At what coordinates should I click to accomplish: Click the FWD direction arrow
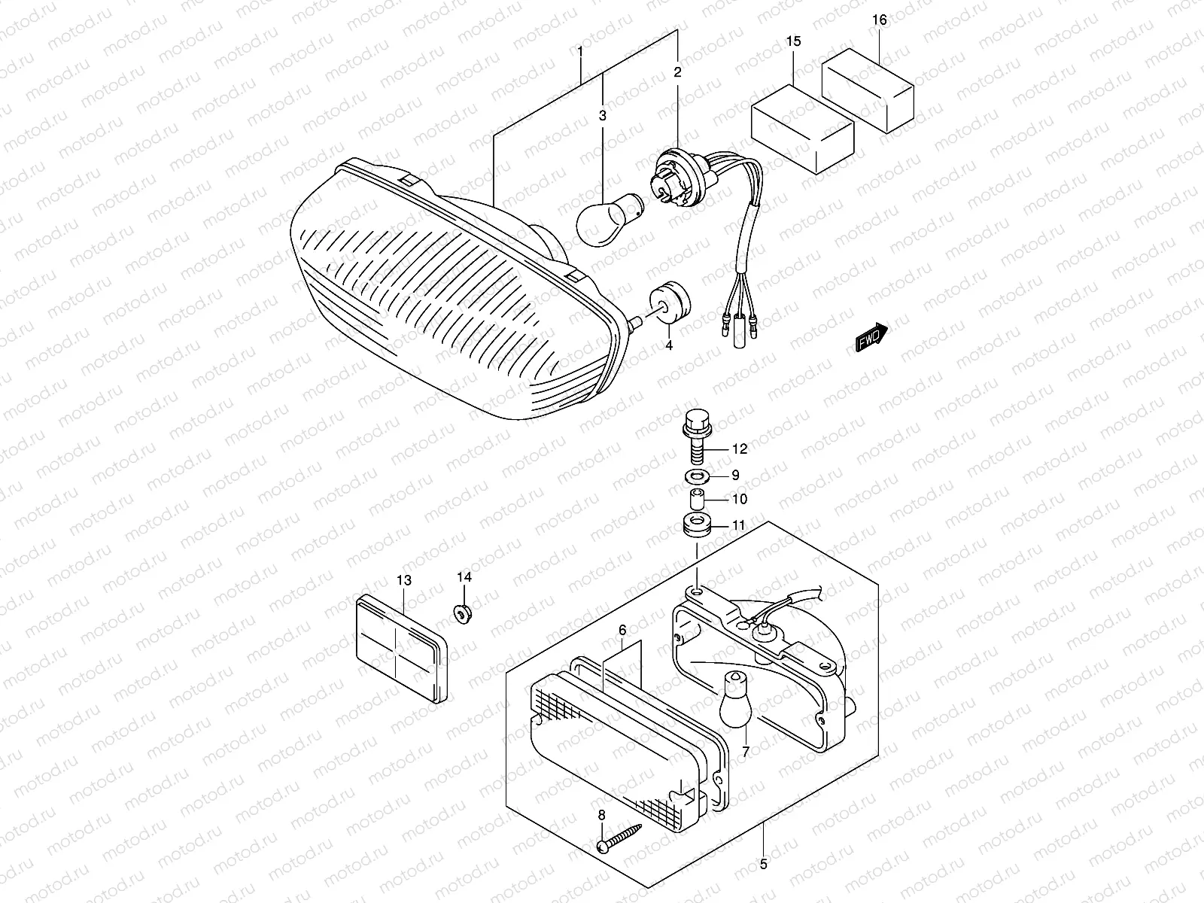tap(871, 338)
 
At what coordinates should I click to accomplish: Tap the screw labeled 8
tap(621, 838)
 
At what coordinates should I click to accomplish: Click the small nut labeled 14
tap(463, 613)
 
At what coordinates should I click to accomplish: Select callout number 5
tap(764, 864)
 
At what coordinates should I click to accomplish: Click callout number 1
tap(579, 53)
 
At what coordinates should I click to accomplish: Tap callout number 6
tap(622, 629)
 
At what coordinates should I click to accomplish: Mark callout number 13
tap(404, 580)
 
